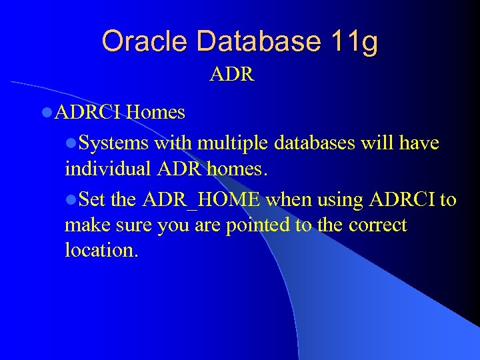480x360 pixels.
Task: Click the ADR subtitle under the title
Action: pyautogui.click(x=231, y=74)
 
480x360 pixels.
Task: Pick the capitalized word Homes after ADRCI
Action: pyautogui.click(x=155, y=112)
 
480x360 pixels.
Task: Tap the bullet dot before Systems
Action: pyautogui.click(x=72, y=143)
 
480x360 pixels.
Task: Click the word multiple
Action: pyautogui.click(x=229, y=143)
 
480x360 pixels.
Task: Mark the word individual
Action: pyautogui.click(x=108, y=169)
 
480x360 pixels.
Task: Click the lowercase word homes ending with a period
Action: pyautogui.click(x=237, y=169)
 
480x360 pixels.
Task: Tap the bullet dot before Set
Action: pyautogui.click(x=72, y=199)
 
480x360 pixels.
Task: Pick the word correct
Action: pyautogui.click(x=377, y=225)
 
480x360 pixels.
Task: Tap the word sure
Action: pyautogui.click(x=133, y=225)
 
